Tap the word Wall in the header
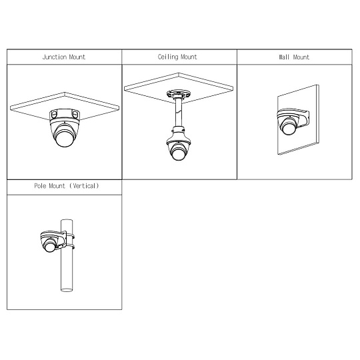point(284,57)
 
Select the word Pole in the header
point(40,186)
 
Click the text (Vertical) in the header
point(84,186)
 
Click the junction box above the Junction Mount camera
point(65,115)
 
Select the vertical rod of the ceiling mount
point(178,113)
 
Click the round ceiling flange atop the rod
point(179,94)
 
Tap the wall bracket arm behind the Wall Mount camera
point(304,119)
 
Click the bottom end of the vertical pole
point(67,290)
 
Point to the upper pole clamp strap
point(71,235)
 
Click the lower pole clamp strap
point(71,247)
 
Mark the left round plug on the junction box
point(54,115)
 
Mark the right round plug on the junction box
point(75,114)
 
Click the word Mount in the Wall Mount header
point(301,57)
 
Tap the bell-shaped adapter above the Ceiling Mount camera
point(178,136)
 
